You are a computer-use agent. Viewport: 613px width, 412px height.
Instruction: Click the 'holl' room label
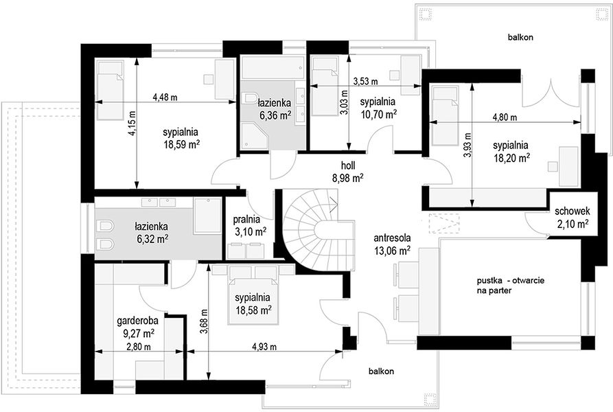[347, 165]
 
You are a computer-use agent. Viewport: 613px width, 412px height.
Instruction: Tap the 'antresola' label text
[392, 238]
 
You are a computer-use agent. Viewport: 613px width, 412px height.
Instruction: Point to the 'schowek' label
[572, 211]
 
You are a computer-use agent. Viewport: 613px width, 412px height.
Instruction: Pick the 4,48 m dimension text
[165, 98]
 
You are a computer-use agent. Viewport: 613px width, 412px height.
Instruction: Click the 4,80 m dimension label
[505, 117]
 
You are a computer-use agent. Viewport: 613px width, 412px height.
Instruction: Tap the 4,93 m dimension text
[264, 346]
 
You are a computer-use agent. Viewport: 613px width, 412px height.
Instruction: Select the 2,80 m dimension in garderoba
[139, 346]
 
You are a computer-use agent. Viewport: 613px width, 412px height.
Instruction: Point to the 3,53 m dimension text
[365, 81]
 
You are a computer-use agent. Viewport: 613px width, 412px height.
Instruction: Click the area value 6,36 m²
[275, 115]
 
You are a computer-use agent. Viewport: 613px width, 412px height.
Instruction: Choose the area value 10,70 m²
[378, 114]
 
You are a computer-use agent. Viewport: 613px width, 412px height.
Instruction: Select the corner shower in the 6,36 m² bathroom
[255, 136]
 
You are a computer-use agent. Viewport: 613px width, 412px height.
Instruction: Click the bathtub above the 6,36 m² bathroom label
[273, 68]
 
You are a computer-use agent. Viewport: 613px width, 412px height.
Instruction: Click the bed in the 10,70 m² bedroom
[325, 87]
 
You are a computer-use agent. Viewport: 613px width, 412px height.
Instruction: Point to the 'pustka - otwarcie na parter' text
[511, 286]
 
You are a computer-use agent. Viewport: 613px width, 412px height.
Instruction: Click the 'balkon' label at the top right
[520, 38]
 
